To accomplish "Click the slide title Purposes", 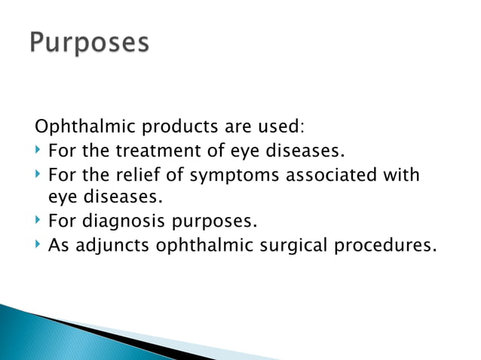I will tap(90, 43).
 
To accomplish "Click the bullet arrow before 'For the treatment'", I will tap(38, 151).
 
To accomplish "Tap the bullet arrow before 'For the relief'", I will tap(38, 175).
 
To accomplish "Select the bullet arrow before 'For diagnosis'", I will tap(38, 222).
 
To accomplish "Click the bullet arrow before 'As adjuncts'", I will tap(38, 246).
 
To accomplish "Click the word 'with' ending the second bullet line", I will tap(401, 175).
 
